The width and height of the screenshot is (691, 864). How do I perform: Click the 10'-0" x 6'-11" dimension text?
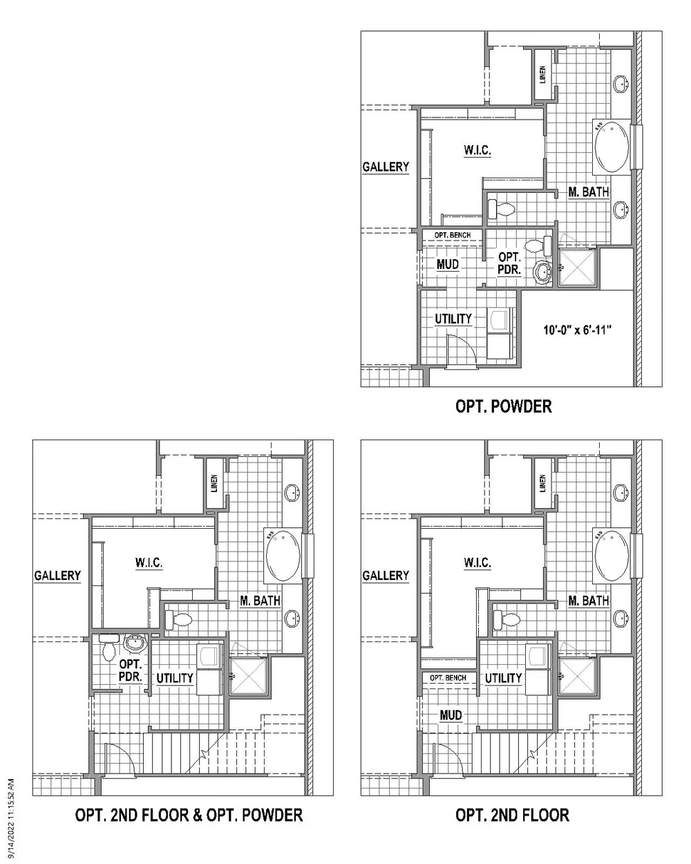pyautogui.click(x=577, y=330)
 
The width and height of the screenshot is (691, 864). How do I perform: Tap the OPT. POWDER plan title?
pyautogui.click(x=504, y=406)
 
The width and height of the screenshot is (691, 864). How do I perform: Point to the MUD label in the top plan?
pyautogui.click(x=448, y=264)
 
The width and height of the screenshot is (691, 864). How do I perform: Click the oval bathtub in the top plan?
pyautogui.click(x=612, y=147)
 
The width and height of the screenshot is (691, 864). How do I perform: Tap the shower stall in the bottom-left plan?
pyautogui.click(x=249, y=677)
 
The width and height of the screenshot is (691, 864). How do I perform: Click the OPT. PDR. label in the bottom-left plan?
pyautogui.click(x=131, y=671)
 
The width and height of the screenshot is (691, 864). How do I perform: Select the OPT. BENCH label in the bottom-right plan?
pyautogui.click(x=448, y=677)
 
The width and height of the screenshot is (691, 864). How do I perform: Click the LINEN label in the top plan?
pyautogui.click(x=542, y=75)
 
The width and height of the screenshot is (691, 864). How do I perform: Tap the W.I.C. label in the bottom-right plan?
pyautogui.click(x=477, y=563)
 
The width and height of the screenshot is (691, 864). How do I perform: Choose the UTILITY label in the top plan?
pyautogui.click(x=453, y=319)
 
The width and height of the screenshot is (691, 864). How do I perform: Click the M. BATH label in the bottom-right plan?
pyautogui.click(x=589, y=601)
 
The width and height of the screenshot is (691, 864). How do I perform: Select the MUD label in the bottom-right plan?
pyautogui.click(x=451, y=715)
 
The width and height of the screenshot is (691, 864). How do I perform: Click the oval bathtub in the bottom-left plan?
pyautogui.click(x=283, y=556)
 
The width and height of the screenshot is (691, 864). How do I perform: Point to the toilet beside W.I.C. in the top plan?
pyautogui.click(x=501, y=209)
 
